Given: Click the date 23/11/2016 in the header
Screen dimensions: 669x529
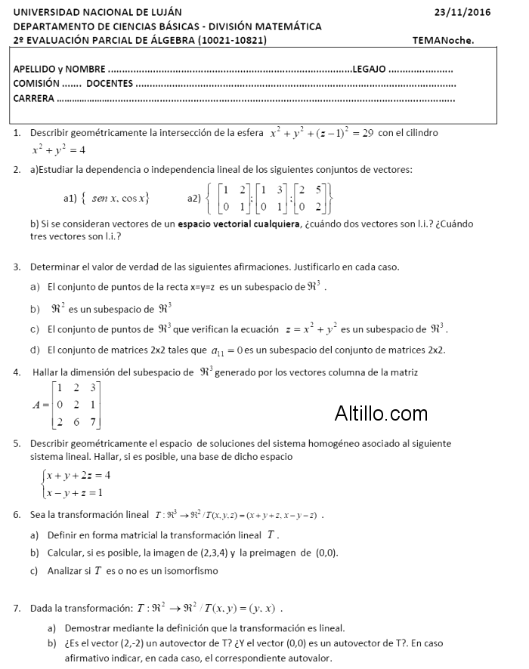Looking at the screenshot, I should (x=463, y=12).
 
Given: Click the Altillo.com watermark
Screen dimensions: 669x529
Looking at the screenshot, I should (x=381, y=413).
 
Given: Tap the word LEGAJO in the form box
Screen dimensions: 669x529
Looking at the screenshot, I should (x=370, y=69).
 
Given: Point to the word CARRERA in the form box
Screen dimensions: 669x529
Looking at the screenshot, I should (x=34, y=98).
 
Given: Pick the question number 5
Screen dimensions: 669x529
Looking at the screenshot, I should (x=17, y=443).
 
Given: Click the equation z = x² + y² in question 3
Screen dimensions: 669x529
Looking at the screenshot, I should (x=311, y=329).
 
